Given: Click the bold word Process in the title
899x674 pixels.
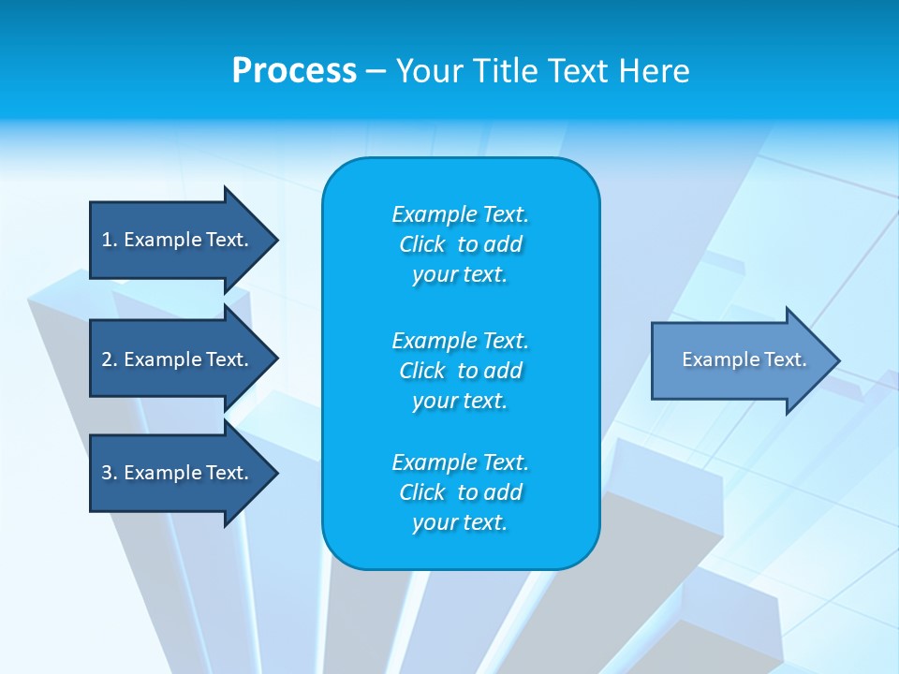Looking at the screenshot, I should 293,71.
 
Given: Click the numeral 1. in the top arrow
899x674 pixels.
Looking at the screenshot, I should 110,240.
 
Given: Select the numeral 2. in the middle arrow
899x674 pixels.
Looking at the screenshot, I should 110,359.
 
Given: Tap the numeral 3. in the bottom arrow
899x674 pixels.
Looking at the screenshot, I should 110,473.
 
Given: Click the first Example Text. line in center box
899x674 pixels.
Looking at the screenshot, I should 461,214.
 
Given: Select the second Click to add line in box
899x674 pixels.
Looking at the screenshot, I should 461,371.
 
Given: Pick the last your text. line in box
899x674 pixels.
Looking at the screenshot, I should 461,523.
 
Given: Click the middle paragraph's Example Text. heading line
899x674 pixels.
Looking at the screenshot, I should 461,340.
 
